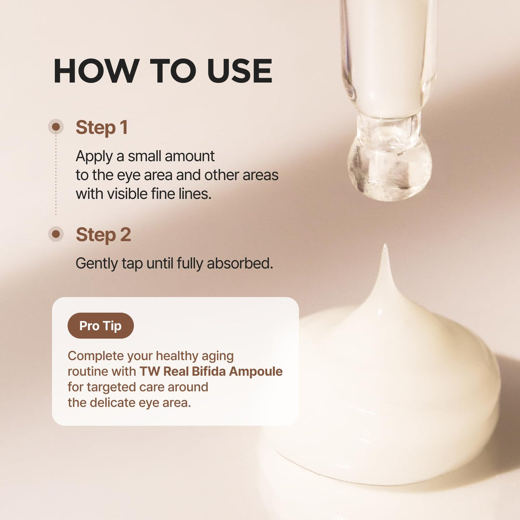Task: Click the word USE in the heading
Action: pos(239,71)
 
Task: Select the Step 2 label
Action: pos(103,235)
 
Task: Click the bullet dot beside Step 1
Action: pos(56,127)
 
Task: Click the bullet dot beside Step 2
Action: pos(56,234)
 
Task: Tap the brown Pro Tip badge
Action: pos(101,325)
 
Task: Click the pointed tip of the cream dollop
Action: pos(385,246)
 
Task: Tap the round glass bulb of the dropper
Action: pos(390,169)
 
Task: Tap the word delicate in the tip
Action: pos(112,403)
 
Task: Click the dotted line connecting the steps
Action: pos(56,175)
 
